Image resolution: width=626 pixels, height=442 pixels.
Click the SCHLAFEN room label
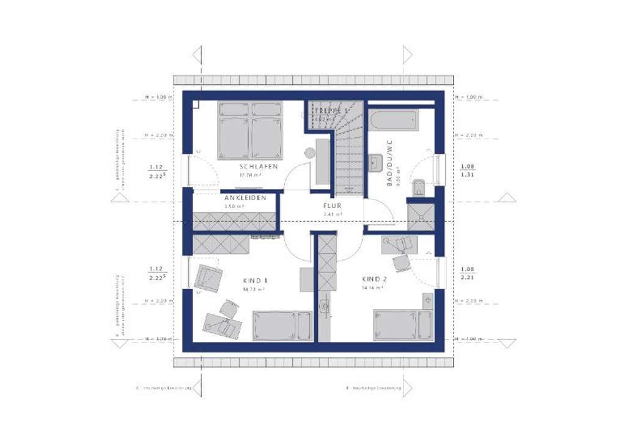tap(259, 167)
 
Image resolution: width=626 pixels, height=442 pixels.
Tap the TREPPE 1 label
tap(330, 111)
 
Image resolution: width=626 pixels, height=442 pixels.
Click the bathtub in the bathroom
tap(394, 119)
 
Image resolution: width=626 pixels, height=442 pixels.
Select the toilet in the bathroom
tap(419, 186)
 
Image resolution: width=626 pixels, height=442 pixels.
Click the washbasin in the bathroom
tap(377, 161)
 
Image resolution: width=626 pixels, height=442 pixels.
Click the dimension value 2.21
tap(467, 277)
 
